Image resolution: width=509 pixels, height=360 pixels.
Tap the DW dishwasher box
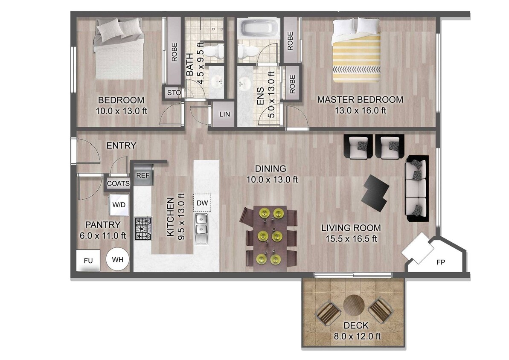tap(202, 203)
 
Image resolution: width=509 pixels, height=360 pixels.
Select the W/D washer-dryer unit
tap(119, 204)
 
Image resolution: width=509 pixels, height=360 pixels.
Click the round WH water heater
tap(117, 259)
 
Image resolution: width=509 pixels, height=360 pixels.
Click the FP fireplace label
tap(441, 262)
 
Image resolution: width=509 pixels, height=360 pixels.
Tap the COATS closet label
tap(118, 183)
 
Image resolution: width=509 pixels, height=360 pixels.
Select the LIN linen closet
tap(224, 114)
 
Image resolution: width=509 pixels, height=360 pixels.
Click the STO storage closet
tap(174, 92)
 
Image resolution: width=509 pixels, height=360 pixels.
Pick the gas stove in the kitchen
tap(143, 229)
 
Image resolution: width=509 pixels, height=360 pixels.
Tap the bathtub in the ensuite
tap(258, 29)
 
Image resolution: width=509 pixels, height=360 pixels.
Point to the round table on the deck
tap(354, 305)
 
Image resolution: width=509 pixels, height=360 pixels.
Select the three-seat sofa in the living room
tap(416, 188)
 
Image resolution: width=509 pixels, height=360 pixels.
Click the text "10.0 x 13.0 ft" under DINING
tap(272, 179)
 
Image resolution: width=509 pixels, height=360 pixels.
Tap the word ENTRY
tap(121, 146)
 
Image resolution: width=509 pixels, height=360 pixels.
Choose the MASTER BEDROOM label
tap(360, 100)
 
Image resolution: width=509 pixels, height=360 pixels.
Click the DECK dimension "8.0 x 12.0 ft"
tap(357, 336)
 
